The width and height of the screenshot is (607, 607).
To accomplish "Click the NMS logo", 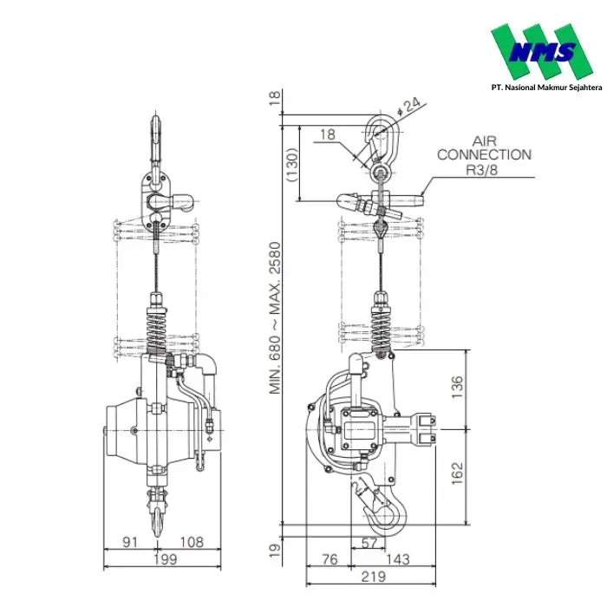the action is pyautogui.click(x=542, y=51).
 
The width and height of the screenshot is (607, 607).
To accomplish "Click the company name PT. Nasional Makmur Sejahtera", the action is pyautogui.click(x=546, y=88).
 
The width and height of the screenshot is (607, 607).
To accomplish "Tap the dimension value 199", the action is pyautogui.click(x=166, y=559).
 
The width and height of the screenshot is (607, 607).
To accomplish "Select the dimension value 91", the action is pyautogui.click(x=130, y=542).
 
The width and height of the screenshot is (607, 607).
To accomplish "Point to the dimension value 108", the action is pyautogui.click(x=192, y=542).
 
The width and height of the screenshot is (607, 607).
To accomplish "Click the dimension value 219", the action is pyautogui.click(x=374, y=577).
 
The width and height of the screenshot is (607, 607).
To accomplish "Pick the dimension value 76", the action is pyautogui.click(x=330, y=559).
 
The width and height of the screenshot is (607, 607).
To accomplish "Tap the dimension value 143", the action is pyautogui.click(x=397, y=559).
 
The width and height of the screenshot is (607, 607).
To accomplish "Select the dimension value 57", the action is pyautogui.click(x=369, y=543).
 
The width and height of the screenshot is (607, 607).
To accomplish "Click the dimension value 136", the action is pyautogui.click(x=457, y=387).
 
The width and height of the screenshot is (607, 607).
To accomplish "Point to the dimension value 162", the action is pyautogui.click(x=457, y=473).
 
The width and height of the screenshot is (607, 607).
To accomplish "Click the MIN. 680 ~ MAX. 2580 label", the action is pyautogui.click(x=275, y=318).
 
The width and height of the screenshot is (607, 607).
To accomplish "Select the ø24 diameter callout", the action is pyautogui.click(x=408, y=107).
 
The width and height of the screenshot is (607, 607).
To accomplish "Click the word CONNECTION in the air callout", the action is pyautogui.click(x=484, y=155).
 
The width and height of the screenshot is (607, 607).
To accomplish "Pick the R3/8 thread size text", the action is pyautogui.click(x=482, y=170).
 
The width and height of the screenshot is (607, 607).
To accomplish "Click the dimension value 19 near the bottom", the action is pyautogui.click(x=275, y=550).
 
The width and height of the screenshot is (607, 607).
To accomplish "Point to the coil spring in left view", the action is pyautogui.click(x=156, y=331).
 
